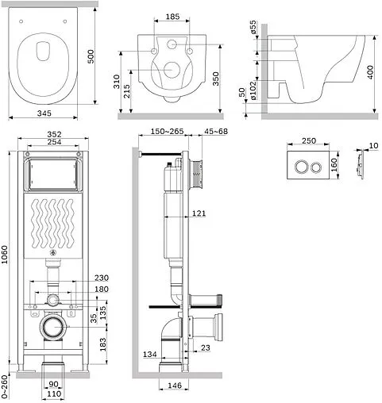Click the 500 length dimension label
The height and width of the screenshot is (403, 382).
coord(91,56)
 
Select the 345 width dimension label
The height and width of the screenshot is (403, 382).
coord(44,113)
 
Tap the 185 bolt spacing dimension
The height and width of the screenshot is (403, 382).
coord(172,17)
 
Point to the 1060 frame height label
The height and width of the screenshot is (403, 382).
coord(5,255)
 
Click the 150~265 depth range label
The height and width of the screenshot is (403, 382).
coord(167,131)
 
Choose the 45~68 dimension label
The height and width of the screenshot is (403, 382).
coord(216,131)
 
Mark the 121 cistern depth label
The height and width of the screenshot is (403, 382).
coord(199,213)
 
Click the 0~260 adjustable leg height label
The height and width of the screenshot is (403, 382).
coord(4,386)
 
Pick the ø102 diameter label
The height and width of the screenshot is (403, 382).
coord(253,90)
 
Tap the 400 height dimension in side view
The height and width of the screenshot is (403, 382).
coord(370,72)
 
